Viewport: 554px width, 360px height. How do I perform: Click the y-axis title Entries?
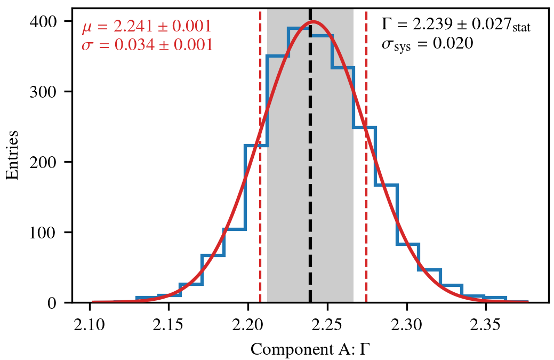point(12,155)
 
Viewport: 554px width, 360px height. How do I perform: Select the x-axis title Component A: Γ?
point(310,350)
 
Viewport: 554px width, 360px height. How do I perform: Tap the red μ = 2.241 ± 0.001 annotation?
point(147,27)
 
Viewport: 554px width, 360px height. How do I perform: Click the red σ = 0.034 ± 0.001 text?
point(147,45)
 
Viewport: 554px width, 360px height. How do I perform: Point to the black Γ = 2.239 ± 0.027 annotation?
point(456,25)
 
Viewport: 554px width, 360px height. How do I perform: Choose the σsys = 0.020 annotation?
point(427,44)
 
